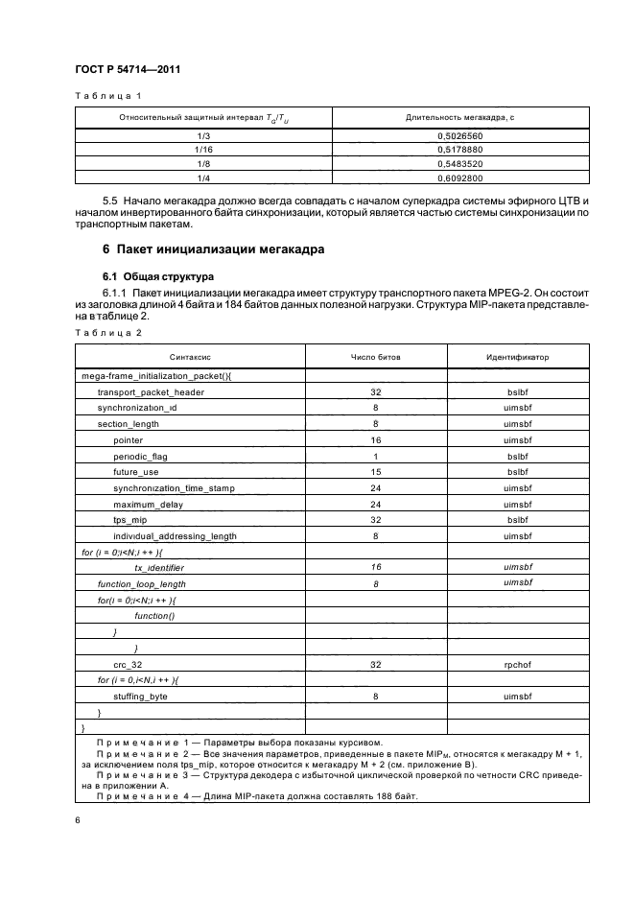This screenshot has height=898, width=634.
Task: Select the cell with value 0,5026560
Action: point(459,137)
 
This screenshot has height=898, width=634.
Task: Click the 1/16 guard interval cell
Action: point(203,151)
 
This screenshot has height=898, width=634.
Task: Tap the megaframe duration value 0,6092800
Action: point(459,177)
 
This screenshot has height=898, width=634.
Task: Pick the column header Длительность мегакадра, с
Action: point(459,117)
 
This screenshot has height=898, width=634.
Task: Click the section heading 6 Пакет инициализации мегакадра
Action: point(213,250)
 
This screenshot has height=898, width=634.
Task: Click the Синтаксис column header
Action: point(187,356)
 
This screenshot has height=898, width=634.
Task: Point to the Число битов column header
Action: point(376,356)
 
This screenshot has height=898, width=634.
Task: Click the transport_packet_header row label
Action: point(151,391)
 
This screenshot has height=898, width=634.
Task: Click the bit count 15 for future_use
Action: point(376,472)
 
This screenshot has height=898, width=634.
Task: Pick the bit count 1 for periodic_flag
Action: point(376,456)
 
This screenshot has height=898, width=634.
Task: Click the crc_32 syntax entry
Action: point(129,663)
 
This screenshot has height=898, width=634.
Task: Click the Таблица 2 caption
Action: point(107,332)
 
